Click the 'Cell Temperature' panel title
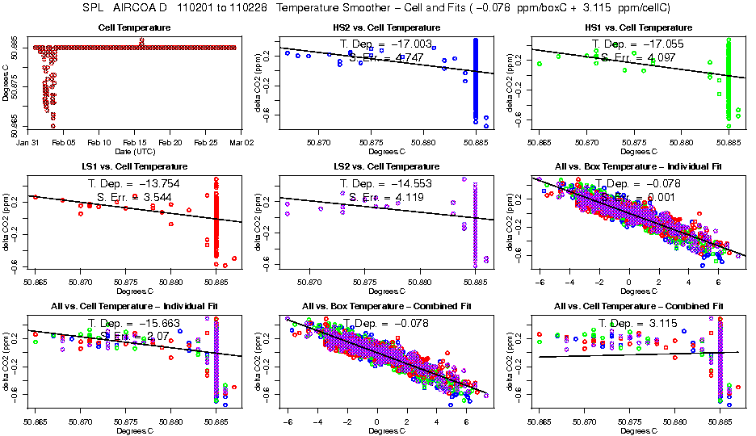click(136, 27)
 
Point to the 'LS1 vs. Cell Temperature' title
click(136, 167)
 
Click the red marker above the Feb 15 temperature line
click(141, 41)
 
